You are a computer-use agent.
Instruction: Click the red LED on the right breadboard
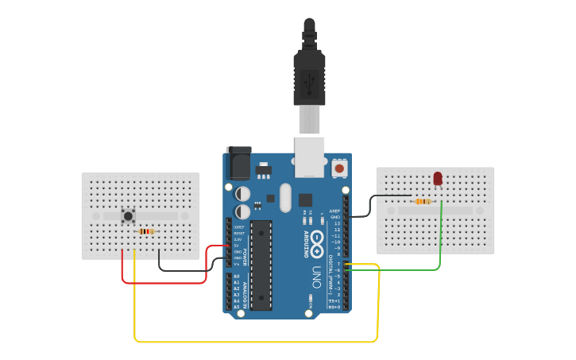pos(438,179)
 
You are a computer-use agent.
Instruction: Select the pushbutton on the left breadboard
pos(128,215)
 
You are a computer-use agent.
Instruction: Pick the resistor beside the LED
pos(423,201)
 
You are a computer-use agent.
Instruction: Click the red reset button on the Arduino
pos(339,168)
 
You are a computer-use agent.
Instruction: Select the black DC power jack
pos(238,164)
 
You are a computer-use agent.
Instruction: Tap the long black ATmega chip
pos(261,265)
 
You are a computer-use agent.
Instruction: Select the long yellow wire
pos(254,342)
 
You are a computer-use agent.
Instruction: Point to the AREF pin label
pos(334,211)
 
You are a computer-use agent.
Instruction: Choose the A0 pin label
pos(237,276)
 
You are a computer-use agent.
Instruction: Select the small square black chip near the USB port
pos(306,199)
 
